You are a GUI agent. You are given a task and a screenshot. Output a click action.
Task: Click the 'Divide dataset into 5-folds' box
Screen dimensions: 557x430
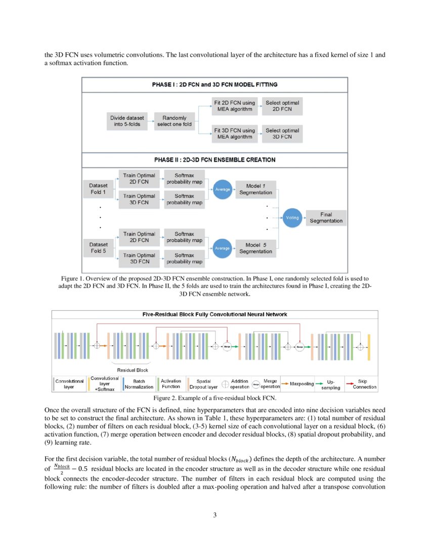click(x=127, y=121)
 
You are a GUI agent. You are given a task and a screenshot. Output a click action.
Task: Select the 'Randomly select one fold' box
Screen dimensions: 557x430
click(x=174, y=121)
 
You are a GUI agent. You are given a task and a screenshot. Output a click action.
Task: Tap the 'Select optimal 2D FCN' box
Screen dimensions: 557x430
click(x=283, y=106)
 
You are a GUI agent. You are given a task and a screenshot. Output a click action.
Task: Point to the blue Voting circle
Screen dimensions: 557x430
click(x=292, y=217)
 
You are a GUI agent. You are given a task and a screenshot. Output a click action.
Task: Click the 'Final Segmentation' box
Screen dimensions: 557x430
click(x=326, y=217)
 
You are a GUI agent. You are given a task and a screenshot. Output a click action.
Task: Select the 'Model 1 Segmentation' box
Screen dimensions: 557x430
click(x=255, y=189)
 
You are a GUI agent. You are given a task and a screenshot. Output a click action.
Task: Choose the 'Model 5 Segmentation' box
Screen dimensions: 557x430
click(x=255, y=248)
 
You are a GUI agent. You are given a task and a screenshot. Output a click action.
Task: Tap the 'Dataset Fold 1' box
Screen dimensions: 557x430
click(x=98, y=189)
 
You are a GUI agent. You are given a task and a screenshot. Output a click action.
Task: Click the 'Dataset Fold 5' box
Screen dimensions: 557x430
click(x=98, y=248)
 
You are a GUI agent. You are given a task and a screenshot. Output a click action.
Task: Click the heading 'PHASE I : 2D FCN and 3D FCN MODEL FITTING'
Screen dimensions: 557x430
click(x=214, y=85)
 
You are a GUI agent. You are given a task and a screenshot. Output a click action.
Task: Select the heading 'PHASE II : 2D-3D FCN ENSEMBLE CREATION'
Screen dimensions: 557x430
click(x=214, y=160)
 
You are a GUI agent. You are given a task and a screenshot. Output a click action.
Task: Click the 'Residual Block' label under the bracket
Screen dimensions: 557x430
click(x=132, y=370)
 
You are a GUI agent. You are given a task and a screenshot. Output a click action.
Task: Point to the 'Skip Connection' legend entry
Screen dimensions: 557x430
click(x=361, y=384)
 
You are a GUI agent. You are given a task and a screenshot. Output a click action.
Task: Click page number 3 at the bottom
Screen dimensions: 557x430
click(x=214, y=515)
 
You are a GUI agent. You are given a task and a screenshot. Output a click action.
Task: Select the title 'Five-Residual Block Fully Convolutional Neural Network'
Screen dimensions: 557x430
click(x=214, y=314)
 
